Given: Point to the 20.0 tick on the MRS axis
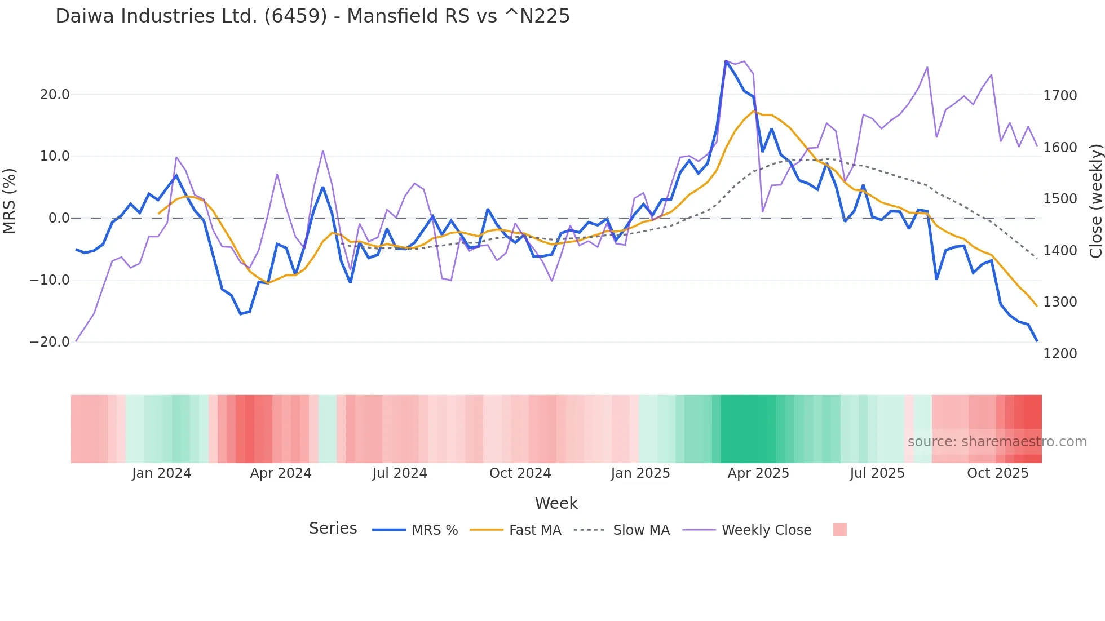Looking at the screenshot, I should point(55,94).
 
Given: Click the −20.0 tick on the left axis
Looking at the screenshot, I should point(50,341).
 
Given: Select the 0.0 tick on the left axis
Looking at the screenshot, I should point(59,218).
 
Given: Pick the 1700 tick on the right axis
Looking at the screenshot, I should point(1060,96).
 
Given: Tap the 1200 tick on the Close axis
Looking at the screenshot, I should point(1060,353).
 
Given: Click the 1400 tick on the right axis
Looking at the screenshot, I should point(1060,250).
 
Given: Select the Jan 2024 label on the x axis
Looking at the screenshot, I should point(161,473).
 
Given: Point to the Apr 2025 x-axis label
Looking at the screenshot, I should point(758,473).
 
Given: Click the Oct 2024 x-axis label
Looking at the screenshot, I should point(520,473).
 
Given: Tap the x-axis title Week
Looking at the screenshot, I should point(556,503).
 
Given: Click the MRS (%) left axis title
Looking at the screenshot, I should point(10,201).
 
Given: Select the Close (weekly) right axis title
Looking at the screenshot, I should point(1095,201).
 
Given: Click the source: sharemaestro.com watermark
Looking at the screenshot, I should point(997,442).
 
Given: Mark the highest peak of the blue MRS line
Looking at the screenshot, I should point(726,61).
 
